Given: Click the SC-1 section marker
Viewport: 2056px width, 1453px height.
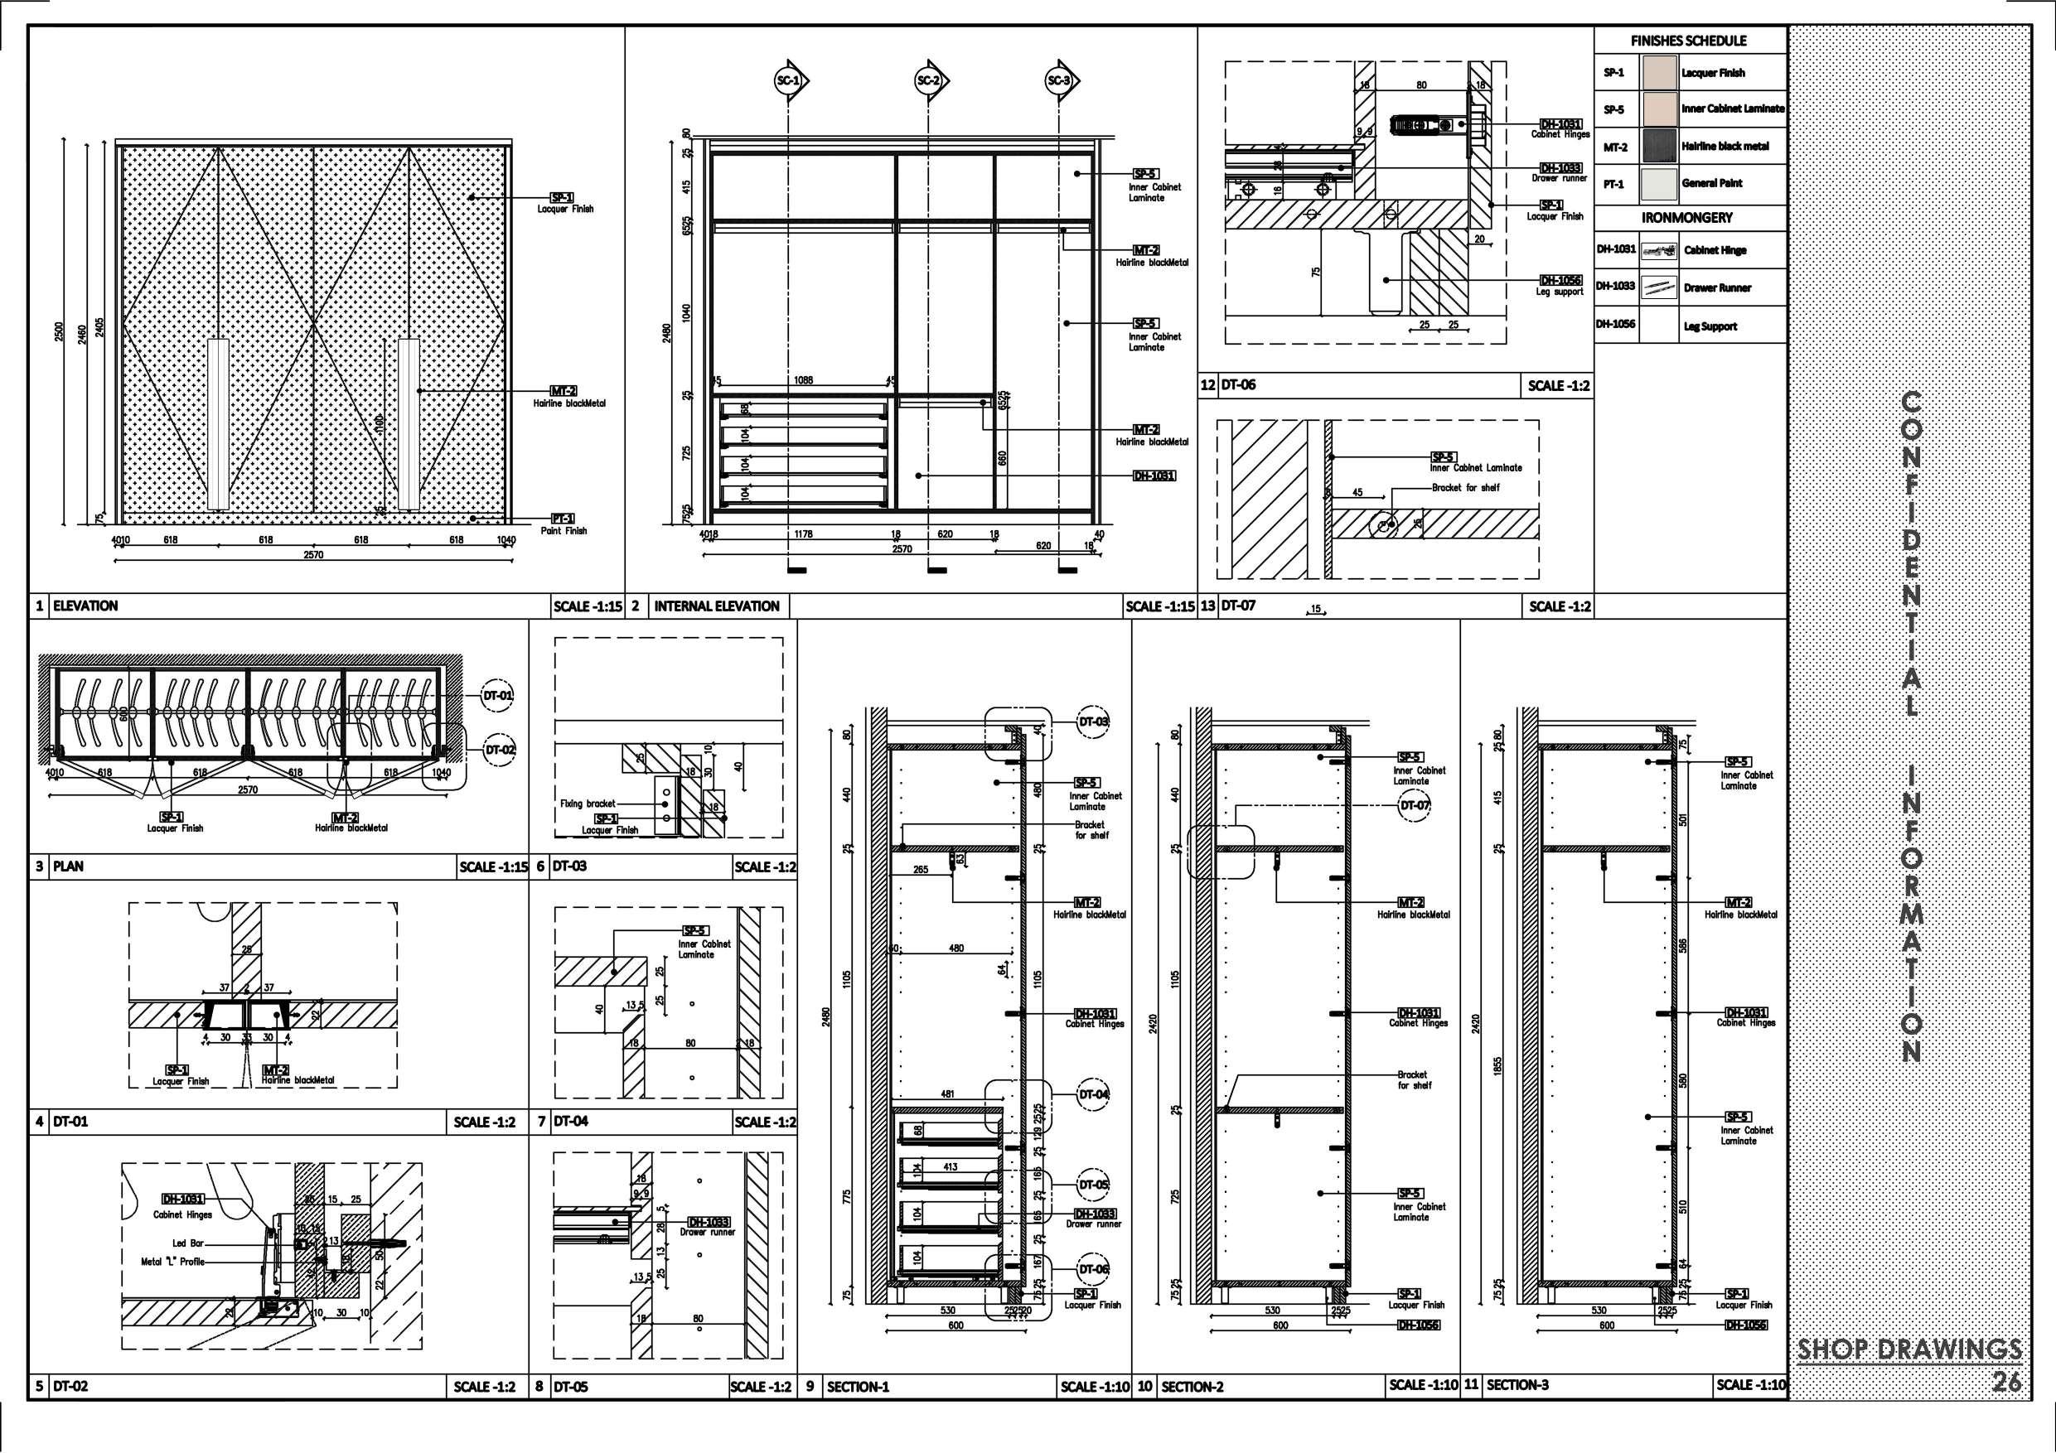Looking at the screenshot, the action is (x=788, y=81).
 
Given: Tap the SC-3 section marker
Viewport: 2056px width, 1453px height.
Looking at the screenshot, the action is (x=1058, y=81).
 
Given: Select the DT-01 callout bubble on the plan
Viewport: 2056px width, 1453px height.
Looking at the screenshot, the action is (x=499, y=696).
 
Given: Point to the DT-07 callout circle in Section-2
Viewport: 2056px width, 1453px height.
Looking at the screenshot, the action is (x=1415, y=806).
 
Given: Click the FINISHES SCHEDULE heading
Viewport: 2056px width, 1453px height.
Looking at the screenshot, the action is (x=1689, y=41).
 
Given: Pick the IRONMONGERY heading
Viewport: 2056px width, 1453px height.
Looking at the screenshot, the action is (x=1687, y=218).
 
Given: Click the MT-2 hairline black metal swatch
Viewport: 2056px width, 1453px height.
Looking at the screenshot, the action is (x=1658, y=147).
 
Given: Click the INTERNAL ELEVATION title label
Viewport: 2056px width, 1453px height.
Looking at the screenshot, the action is (x=716, y=606).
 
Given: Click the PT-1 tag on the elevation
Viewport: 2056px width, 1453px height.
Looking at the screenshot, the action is (x=564, y=519).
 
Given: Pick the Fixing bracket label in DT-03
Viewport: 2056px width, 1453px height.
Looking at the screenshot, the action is (x=588, y=804).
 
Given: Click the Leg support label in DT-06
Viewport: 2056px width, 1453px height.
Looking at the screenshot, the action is (x=1559, y=292).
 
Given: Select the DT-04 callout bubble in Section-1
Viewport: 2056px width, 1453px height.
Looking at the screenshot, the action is (x=1093, y=1094).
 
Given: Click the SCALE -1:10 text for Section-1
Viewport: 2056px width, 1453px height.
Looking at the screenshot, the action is (x=1094, y=1387).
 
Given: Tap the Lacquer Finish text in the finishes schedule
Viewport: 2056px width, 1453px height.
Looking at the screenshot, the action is (x=1713, y=74).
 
